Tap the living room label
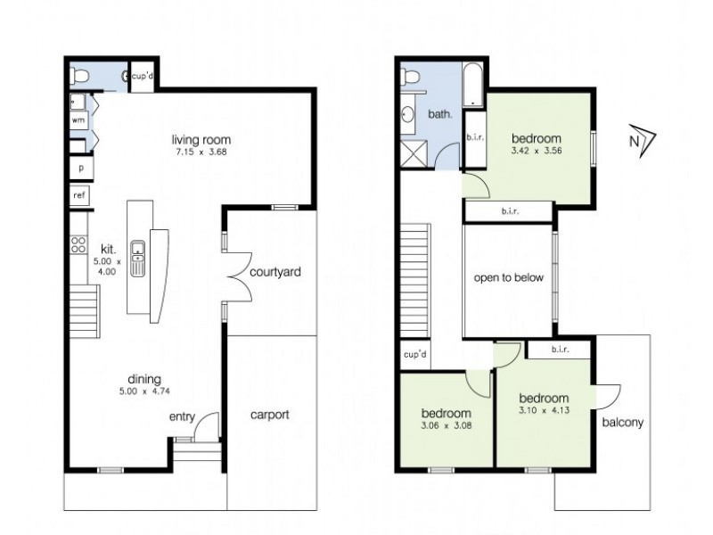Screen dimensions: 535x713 (x=201, y=139)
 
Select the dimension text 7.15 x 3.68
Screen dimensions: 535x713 (x=201, y=152)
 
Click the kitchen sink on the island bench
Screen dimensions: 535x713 (x=138, y=259)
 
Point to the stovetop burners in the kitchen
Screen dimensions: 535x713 (x=78, y=245)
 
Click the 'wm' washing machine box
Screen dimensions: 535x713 (x=78, y=120)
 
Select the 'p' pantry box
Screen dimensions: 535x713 (x=80, y=167)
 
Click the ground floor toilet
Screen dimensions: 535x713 (x=81, y=77)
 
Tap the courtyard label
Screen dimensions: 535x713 (x=273, y=271)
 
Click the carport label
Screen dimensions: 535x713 (x=269, y=415)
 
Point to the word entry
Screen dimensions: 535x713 (x=182, y=417)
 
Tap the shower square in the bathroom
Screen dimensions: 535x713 (x=416, y=154)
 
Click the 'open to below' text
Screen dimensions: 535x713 (x=508, y=277)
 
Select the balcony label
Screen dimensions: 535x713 (x=622, y=423)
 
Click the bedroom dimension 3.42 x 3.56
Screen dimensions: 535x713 (x=536, y=152)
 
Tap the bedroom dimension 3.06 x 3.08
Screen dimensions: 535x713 (x=446, y=427)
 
